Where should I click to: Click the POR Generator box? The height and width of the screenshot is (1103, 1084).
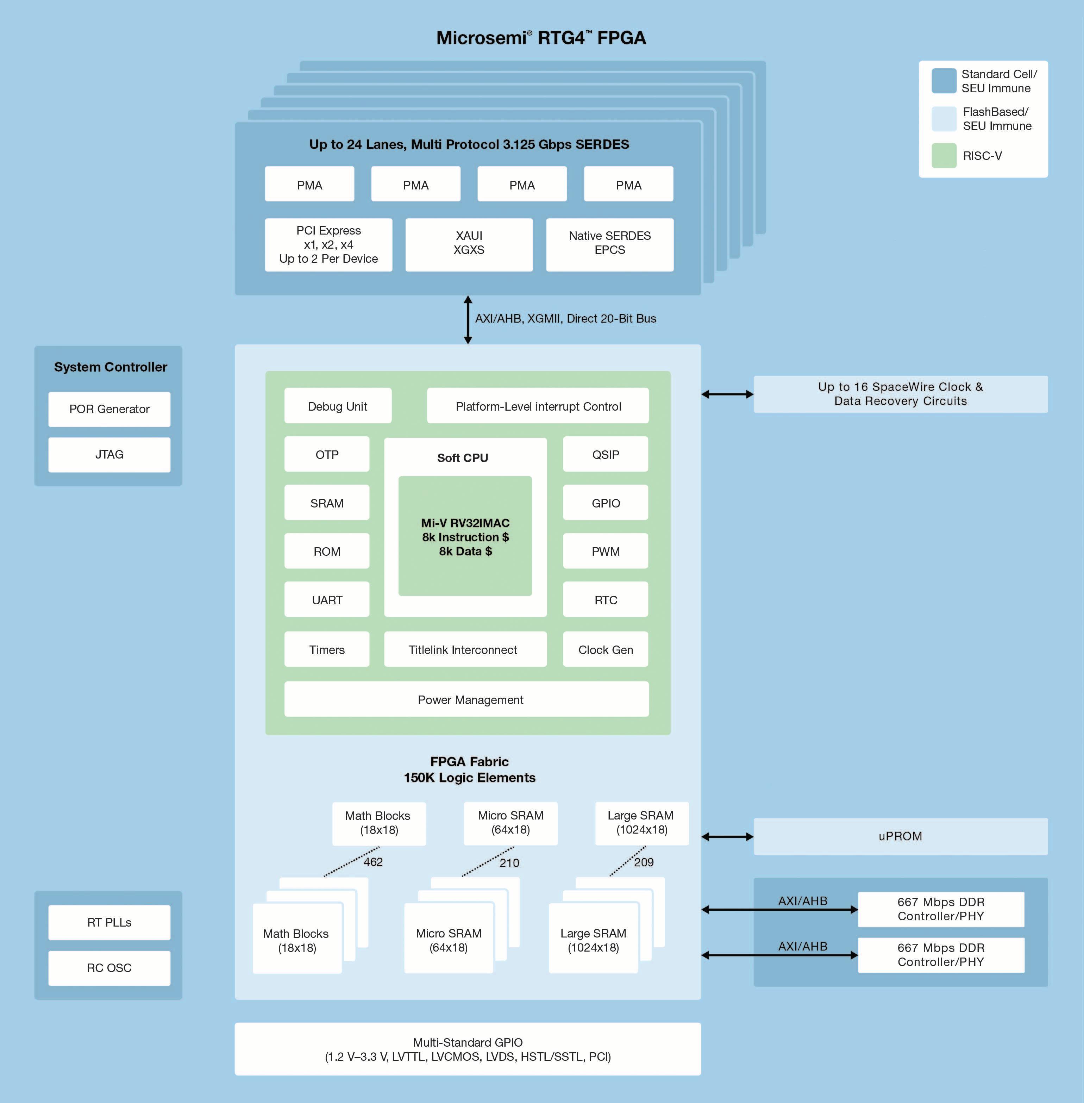tap(109, 409)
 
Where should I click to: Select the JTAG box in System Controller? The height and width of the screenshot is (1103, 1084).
tap(109, 454)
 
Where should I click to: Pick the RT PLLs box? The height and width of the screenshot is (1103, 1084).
tap(109, 922)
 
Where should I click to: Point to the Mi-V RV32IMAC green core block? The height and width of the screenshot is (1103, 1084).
tap(465, 536)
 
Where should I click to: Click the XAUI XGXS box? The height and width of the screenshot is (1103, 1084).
tap(469, 245)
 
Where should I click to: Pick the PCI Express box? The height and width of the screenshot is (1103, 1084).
tap(328, 245)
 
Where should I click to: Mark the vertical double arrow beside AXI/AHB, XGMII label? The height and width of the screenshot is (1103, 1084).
tap(468, 319)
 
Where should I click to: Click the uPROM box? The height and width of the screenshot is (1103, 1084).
tap(901, 836)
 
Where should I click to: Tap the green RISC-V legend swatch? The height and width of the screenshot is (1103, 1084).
tap(944, 155)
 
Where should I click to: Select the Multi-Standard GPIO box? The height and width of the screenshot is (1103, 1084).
tap(468, 1049)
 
